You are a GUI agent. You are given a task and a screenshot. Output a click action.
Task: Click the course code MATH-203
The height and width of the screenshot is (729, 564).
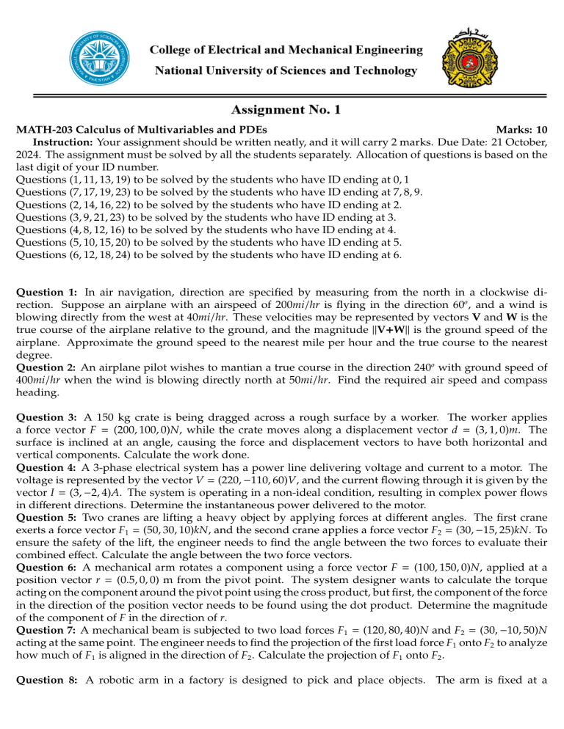(x=43, y=129)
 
